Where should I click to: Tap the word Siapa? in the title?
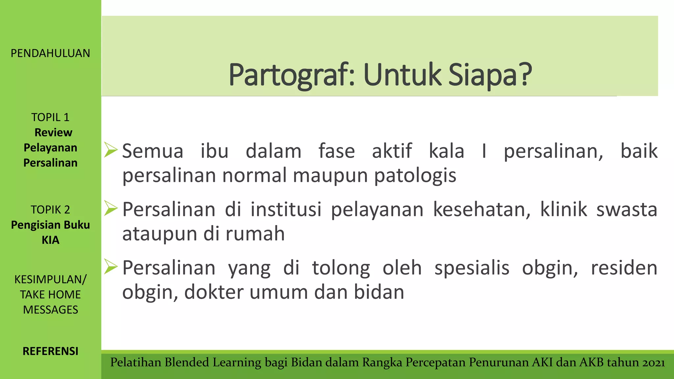point(490,75)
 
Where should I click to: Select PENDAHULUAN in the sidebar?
point(50,53)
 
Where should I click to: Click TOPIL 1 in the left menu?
point(50,117)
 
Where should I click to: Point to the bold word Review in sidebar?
point(53,132)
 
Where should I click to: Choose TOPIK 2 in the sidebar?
point(50,210)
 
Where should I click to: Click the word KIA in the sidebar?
point(50,240)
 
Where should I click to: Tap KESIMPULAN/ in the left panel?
point(50,279)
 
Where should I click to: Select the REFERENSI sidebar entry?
point(50,351)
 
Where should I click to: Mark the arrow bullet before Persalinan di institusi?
point(111,208)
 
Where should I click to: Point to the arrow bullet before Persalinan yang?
point(111,266)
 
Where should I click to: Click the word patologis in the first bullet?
point(415,176)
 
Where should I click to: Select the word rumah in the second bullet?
point(255,234)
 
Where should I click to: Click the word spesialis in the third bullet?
point(472,268)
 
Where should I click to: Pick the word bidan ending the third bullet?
point(379,292)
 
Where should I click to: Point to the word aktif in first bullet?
point(392,151)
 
